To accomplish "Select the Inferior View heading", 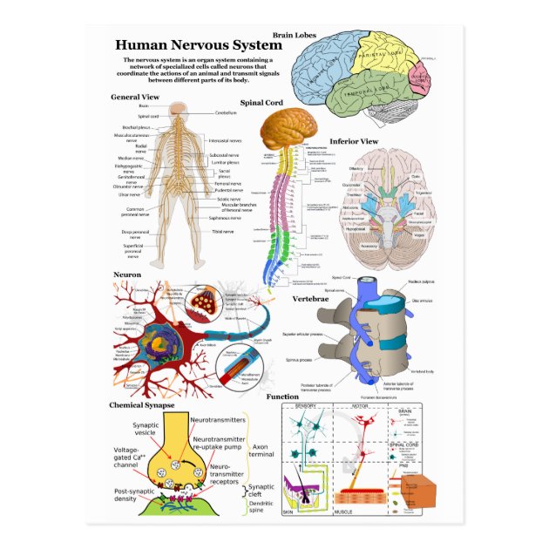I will coord(353,141).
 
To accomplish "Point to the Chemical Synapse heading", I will coord(141,405).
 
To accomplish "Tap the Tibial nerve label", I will coord(222,232).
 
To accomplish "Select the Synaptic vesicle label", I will coord(146,428).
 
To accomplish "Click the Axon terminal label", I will coord(261,448).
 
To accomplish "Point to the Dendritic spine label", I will coord(261,506).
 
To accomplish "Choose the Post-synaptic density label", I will coord(139,495).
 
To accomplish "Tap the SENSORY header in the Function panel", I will coord(306,406).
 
